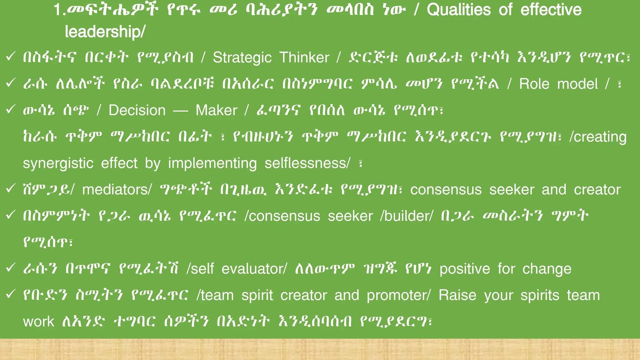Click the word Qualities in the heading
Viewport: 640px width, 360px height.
[x=459, y=10]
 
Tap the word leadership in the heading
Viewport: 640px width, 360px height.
[x=103, y=32]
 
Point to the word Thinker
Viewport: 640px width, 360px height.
[x=304, y=57]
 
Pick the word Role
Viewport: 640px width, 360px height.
[x=534, y=84]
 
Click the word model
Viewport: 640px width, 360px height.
[x=577, y=84]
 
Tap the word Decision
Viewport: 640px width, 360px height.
[x=137, y=110]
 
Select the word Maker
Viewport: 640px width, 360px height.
[x=216, y=110]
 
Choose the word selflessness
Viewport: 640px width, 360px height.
[x=306, y=163]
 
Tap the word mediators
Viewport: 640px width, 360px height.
[x=115, y=190]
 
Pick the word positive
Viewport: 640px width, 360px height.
[x=465, y=269]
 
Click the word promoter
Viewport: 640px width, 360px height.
[x=397, y=296]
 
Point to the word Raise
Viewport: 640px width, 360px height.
[x=457, y=295]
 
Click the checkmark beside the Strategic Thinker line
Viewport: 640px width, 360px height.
[x=11, y=57]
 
